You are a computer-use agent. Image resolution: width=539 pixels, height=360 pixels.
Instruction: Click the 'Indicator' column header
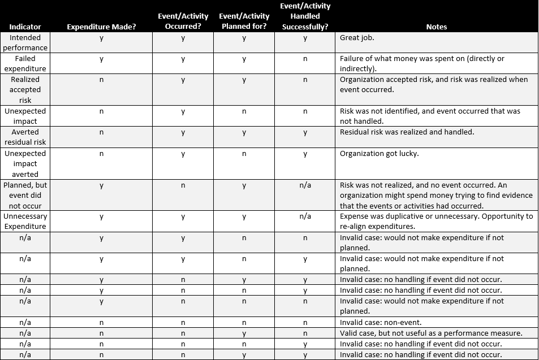point(25,27)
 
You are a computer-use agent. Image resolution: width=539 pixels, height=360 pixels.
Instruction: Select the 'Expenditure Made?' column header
point(101,27)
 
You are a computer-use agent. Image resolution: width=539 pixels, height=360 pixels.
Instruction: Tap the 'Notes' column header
point(436,27)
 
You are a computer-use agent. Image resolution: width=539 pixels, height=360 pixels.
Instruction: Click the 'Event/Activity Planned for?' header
point(244,21)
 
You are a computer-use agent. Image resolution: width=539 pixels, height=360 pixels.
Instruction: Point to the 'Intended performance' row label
point(25,42)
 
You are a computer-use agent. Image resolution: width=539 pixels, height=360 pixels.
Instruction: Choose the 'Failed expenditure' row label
point(25,63)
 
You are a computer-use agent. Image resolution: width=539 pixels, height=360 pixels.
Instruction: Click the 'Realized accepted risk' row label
point(25,89)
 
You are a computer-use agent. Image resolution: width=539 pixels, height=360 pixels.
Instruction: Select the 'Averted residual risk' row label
point(25,137)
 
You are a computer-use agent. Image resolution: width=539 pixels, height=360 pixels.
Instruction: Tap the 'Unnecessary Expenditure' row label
point(25,221)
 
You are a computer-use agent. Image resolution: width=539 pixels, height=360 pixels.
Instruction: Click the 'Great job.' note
point(357,38)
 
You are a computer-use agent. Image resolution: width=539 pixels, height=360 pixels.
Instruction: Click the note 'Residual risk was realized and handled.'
point(407,132)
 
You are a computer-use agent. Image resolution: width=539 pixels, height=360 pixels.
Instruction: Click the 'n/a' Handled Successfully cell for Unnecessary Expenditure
point(305,216)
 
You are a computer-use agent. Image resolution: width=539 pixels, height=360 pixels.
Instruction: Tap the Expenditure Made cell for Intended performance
point(101,38)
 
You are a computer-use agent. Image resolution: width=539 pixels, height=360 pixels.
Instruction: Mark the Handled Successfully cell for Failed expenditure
point(305,59)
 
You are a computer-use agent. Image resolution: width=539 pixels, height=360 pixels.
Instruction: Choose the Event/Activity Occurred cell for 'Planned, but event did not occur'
point(183,185)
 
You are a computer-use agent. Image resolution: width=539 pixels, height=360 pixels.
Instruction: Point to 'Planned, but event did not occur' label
point(25,195)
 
